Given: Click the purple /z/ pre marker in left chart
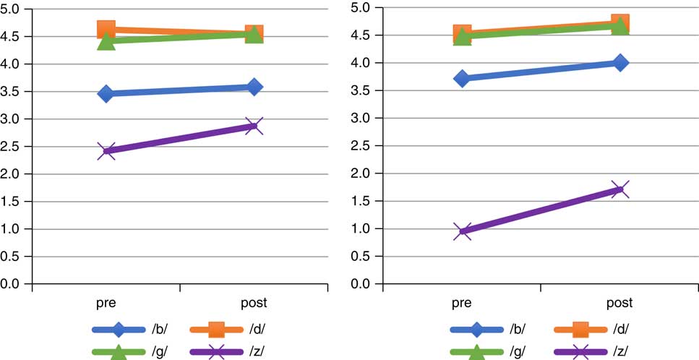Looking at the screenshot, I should [x=106, y=151].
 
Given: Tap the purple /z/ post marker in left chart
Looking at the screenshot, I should [x=254, y=126].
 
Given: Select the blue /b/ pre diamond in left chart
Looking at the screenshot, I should [x=106, y=93].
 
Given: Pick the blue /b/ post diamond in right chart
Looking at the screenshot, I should [x=619, y=63].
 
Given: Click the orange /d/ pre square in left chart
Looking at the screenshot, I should [x=106, y=30].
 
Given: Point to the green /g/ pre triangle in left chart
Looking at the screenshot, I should [x=106, y=42].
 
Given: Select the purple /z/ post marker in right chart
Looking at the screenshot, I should [x=619, y=189].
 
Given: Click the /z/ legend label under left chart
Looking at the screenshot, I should [x=258, y=351].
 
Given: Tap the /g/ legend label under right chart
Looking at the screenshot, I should [x=518, y=351].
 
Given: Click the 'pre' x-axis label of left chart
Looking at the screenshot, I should [x=106, y=302].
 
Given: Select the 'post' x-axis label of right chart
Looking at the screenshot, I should [x=619, y=302].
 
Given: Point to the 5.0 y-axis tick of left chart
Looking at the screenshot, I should [x=14, y=9].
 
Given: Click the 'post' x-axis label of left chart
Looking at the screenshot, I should [x=254, y=302].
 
